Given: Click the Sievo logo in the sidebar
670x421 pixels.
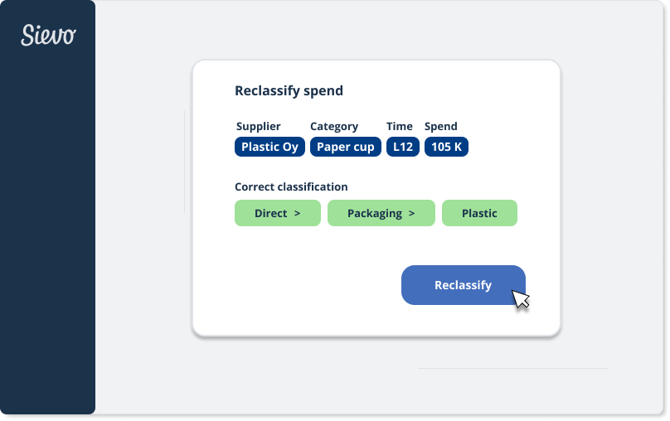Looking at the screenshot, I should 48,35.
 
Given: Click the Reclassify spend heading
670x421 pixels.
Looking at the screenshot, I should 289,91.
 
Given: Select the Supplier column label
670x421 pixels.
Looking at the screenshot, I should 258,127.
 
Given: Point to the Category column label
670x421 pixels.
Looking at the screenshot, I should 334,127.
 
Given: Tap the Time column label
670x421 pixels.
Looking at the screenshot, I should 400,127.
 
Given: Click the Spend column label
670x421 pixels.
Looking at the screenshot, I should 441,127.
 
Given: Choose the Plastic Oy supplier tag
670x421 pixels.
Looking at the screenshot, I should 269,147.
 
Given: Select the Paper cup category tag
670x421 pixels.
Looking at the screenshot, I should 346,147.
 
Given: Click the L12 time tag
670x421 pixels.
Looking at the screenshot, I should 403,147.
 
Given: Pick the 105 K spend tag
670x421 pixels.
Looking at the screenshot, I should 446,147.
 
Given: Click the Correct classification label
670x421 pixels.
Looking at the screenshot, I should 291,187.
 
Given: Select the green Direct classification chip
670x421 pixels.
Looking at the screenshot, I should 277,213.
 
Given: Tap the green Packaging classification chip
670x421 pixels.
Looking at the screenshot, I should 381,213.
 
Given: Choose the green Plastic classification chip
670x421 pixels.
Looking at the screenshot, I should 479,213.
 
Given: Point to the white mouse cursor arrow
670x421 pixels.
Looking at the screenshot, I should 520,298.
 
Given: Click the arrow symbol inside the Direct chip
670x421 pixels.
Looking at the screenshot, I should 297,214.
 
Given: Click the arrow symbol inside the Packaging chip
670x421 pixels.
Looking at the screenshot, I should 411,214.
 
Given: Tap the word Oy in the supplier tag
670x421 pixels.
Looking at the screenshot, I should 290,147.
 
